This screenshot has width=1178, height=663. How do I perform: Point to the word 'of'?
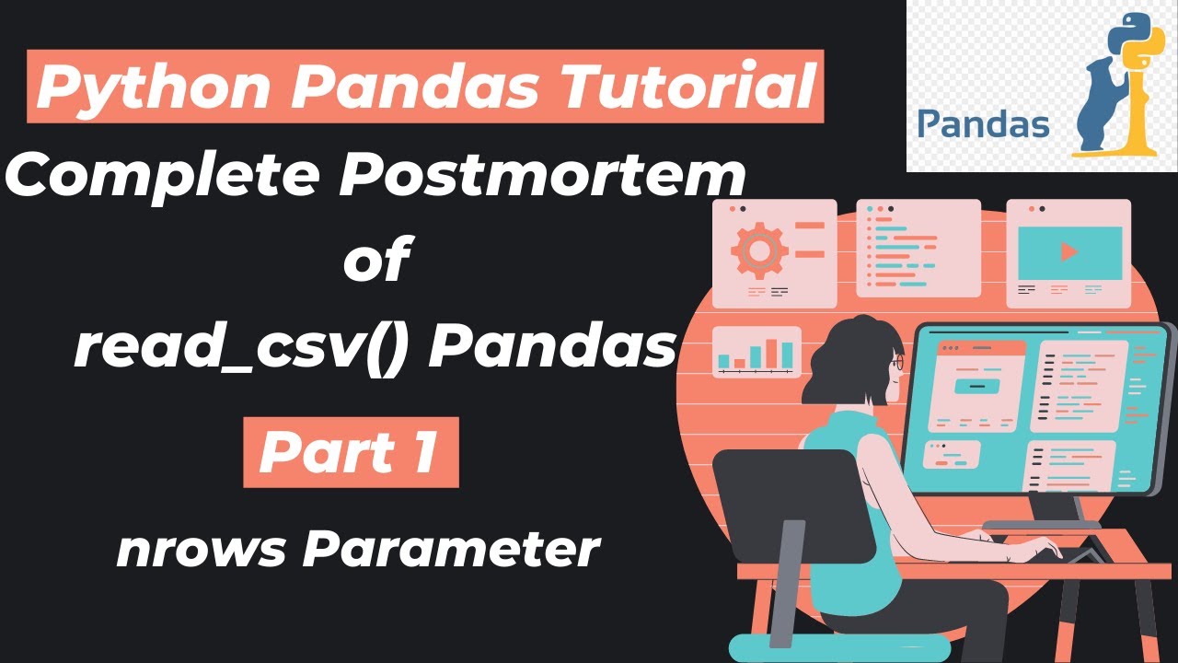click(x=375, y=261)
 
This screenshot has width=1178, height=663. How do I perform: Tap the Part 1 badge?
click(x=351, y=451)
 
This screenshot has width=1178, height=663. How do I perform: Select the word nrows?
click(x=201, y=550)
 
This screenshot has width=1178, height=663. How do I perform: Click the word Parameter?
click(x=451, y=550)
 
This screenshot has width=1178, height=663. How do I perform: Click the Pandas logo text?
click(x=983, y=123)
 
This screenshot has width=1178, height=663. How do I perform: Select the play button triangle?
click(x=1068, y=251)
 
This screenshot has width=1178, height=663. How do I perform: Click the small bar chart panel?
click(x=756, y=353)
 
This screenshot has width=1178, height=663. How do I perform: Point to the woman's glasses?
click(x=897, y=365)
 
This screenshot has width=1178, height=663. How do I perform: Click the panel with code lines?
click(x=906, y=249)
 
